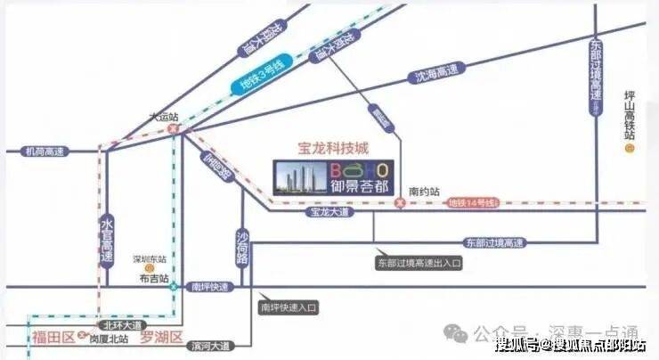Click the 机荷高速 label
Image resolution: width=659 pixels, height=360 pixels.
pos(44,151)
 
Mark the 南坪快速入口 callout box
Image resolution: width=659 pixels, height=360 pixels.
pos(289,307)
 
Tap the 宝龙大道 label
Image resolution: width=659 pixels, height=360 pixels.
pos(328,213)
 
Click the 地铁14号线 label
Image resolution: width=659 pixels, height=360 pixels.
pos(473,203)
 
